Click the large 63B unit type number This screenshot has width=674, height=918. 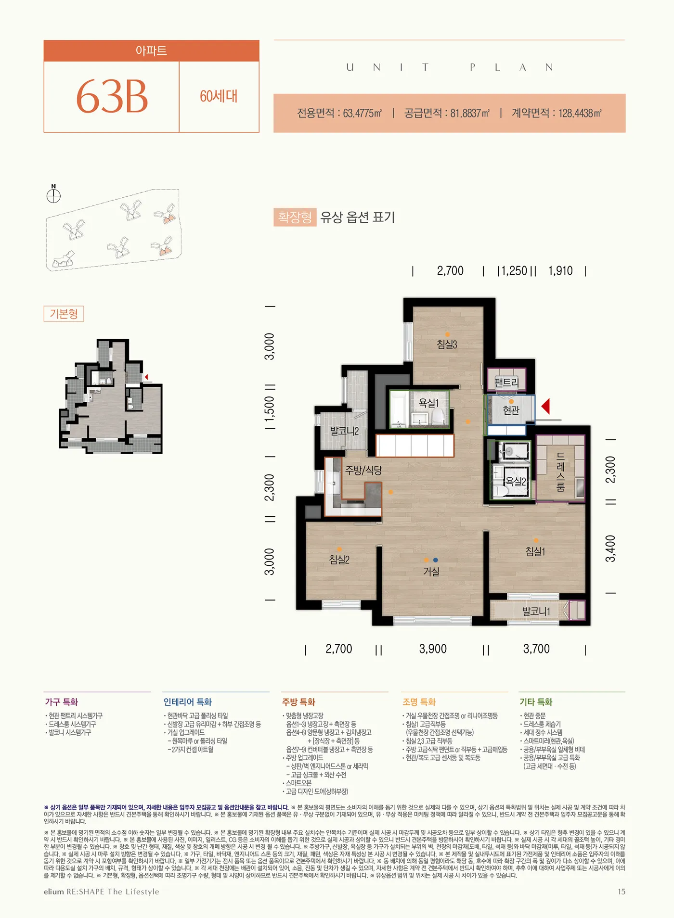pyautogui.click(x=112, y=97)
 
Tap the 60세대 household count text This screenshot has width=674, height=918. pyautogui.click(x=219, y=96)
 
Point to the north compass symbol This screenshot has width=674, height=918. pyautogui.click(x=53, y=195)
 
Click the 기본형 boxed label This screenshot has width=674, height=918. pyautogui.click(x=64, y=314)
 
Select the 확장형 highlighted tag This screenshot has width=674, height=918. pyautogui.click(x=295, y=217)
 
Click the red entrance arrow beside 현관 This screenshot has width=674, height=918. pyautogui.click(x=545, y=406)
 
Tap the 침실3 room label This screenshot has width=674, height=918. pyautogui.click(x=447, y=344)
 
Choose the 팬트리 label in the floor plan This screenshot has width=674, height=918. pyautogui.click(x=507, y=382)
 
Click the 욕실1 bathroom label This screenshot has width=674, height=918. pyautogui.click(x=428, y=403)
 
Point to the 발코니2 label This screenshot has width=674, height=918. pyautogui.click(x=344, y=431)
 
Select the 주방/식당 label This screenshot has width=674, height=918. pyautogui.click(x=363, y=470)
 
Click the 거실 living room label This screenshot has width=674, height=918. pyautogui.click(x=431, y=572)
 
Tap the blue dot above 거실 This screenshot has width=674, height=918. pyautogui.click(x=435, y=560)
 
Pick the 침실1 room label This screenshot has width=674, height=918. pyautogui.click(x=535, y=551)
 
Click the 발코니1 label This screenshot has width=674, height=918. pyautogui.click(x=536, y=612)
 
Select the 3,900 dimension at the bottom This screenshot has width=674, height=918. pyautogui.click(x=433, y=649)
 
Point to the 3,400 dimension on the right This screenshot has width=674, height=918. pyautogui.click(x=610, y=548)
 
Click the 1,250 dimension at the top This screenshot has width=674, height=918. pyautogui.click(x=514, y=271)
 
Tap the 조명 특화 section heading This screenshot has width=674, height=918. pyautogui.click(x=419, y=702)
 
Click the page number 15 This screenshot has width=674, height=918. pyautogui.click(x=622, y=892)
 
